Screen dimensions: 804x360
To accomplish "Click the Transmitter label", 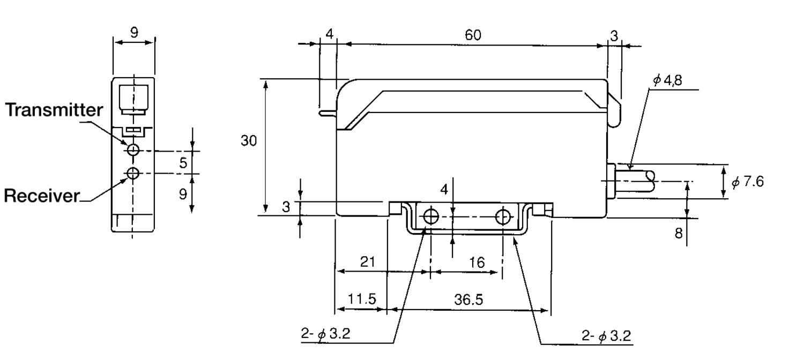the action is tap(54, 110).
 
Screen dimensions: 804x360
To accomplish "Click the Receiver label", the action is tap(42, 196).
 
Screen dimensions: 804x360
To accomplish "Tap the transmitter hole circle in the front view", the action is tap(133, 149).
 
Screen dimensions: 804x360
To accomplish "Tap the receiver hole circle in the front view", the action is tap(133, 173).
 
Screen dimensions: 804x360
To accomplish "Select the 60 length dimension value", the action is tap(473, 35).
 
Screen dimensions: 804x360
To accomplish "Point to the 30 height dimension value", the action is tap(249, 140).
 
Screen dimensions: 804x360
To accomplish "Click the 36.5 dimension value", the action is tap(468, 299).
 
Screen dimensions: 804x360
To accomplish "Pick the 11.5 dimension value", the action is tap(362, 299).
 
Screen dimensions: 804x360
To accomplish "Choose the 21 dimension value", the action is tap(368, 262).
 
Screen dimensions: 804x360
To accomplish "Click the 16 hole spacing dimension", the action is tap(477, 263).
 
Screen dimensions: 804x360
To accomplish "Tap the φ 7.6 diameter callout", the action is tap(748, 182).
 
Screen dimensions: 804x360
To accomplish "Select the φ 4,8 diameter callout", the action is tap(667, 80).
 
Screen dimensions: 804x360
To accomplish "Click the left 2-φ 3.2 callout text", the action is tap(325, 334).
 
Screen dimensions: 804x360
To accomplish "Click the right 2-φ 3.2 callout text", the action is tap(606, 336).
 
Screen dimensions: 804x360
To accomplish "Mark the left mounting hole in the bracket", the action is tap(431, 216).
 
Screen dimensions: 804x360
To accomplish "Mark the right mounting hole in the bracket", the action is tap(503, 216).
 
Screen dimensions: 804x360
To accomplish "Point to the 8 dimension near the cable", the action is tap(679, 234).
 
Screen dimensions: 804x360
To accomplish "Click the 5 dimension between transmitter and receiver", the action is tap(183, 163).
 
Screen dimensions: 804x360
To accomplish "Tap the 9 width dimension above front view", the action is tap(134, 33).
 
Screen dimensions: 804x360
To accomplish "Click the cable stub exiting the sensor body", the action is tap(634, 182).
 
